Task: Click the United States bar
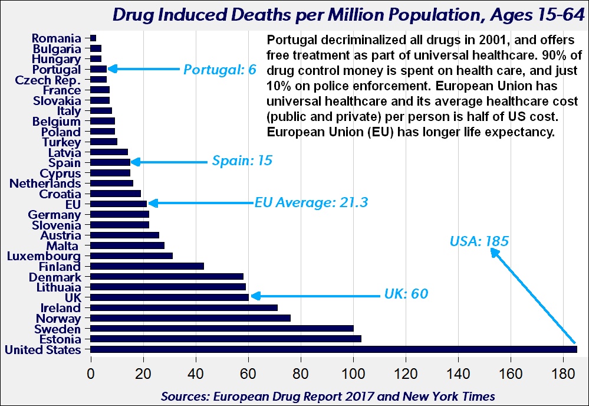(333, 349)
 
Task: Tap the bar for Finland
(147, 266)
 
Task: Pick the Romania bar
(93, 38)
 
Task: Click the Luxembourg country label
(44, 256)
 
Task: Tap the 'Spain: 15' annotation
(242, 161)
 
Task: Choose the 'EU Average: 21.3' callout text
(311, 203)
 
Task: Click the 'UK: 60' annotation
(406, 294)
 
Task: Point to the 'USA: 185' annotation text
(479, 241)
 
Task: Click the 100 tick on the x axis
(353, 374)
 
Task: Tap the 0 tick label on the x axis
(90, 374)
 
